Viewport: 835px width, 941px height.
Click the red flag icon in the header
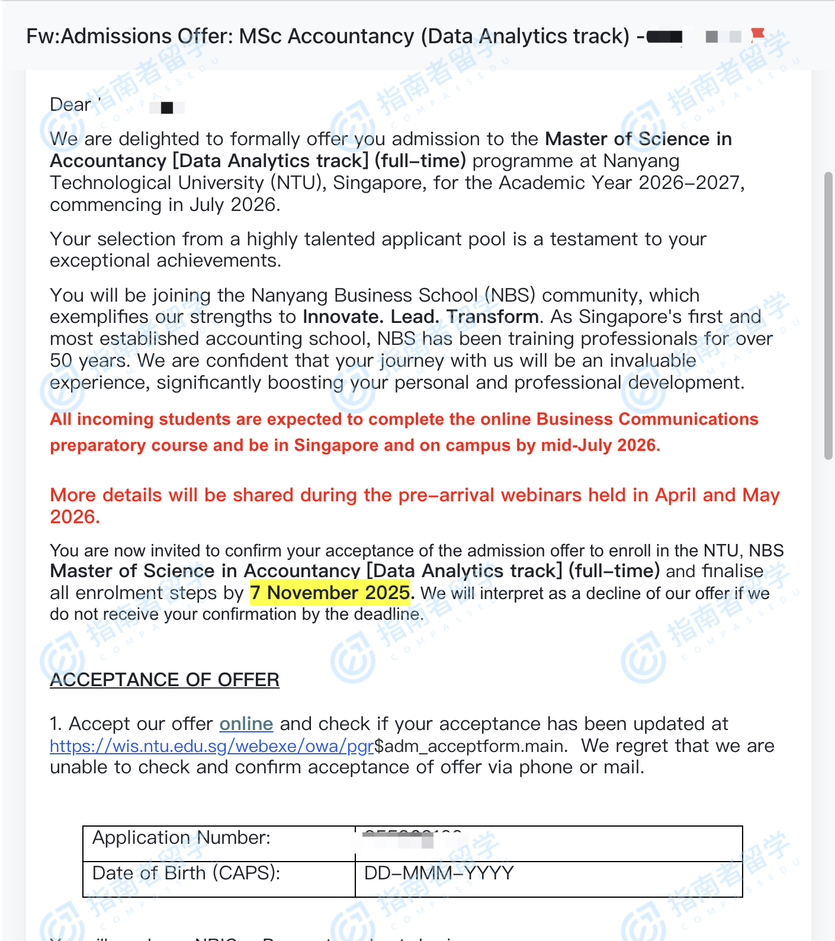pyautogui.click(x=757, y=35)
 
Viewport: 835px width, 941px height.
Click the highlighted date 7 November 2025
pyautogui.click(x=330, y=593)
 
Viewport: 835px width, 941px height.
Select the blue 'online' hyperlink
pyautogui.click(x=246, y=724)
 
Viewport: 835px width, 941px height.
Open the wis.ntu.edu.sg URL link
pyautogui.click(x=211, y=745)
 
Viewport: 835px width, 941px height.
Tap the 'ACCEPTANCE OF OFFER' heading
pyautogui.click(x=165, y=680)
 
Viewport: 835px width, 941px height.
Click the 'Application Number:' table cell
pyautogui.click(x=182, y=838)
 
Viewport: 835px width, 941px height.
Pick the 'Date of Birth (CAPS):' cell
pyautogui.click(x=187, y=873)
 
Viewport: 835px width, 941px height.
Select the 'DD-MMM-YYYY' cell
pyautogui.click(x=439, y=873)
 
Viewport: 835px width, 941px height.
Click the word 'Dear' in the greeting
pyautogui.click(x=70, y=105)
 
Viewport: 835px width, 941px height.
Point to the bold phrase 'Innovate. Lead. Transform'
pyautogui.click(x=420, y=317)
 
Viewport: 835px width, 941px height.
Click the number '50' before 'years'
pyautogui.click(x=61, y=361)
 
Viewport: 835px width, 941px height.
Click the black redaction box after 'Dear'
pyautogui.click(x=167, y=107)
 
